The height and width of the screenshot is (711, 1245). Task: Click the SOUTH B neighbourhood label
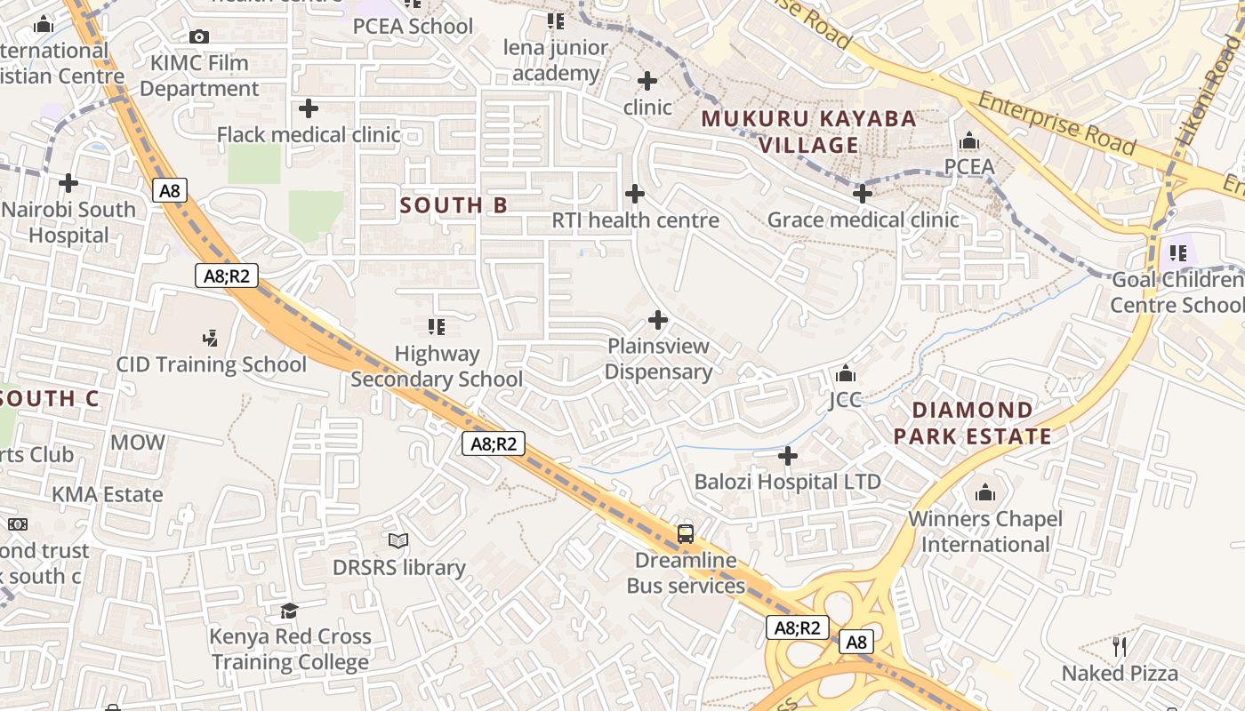(x=454, y=205)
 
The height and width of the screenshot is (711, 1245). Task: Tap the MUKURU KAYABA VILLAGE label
(x=808, y=132)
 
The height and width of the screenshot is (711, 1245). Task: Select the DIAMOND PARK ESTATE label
(x=972, y=423)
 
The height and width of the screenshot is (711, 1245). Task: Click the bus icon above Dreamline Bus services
(x=686, y=533)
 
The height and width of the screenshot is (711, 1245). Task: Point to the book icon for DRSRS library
(x=398, y=540)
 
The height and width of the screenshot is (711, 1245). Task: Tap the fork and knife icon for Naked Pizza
(x=1120, y=646)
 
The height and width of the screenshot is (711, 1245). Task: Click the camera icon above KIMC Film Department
(x=199, y=36)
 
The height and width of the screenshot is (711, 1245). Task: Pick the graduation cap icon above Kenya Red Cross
(x=290, y=611)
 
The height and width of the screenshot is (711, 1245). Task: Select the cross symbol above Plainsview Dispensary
(x=658, y=320)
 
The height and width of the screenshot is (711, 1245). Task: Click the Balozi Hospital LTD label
(x=787, y=482)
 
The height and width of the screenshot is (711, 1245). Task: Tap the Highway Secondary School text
(x=437, y=366)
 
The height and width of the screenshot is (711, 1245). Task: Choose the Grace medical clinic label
(x=863, y=220)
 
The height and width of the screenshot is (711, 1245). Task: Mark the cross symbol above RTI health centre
(x=635, y=194)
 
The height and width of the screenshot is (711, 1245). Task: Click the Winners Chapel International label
(x=984, y=531)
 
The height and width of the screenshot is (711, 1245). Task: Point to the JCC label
(x=846, y=400)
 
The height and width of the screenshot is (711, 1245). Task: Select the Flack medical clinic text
(x=309, y=135)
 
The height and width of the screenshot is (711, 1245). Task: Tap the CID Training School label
(x=212, y=364)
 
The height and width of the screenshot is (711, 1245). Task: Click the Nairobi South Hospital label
(x=68, y=222)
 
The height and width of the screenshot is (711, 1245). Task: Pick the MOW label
(x=138, y=442)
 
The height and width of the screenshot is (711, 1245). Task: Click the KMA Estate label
(x=107, y=494)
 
